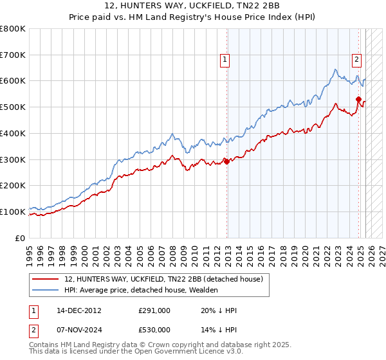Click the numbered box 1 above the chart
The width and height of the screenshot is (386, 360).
coord(225,60)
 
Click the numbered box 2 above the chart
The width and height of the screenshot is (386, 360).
coord(356,60)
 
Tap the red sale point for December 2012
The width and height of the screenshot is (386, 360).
coord(227,161)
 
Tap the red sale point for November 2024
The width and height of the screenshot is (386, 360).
coord(359,99)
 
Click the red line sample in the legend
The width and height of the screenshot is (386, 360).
coord(46,280)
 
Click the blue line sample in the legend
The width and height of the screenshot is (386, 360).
coord(46,290)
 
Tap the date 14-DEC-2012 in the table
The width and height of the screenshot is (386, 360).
coord(79,310)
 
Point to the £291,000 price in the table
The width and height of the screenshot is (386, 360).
coord(154,310)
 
